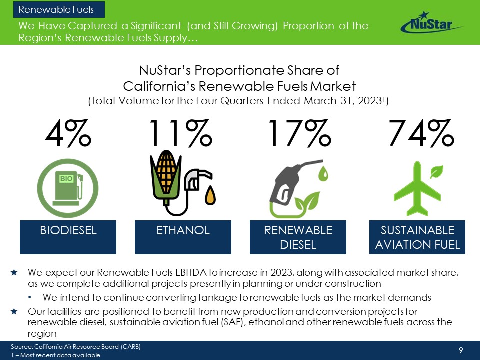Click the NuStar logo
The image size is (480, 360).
point(431,23)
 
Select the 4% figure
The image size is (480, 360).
point(68,133)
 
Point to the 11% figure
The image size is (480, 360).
point(181,133)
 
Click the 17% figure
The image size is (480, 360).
point(299,133)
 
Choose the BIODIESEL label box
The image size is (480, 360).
point(68,237)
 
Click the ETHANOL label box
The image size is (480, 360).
point(183,237)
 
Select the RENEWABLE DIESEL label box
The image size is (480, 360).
point(298,237)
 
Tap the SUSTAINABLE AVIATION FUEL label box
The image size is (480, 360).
point(417,237)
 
